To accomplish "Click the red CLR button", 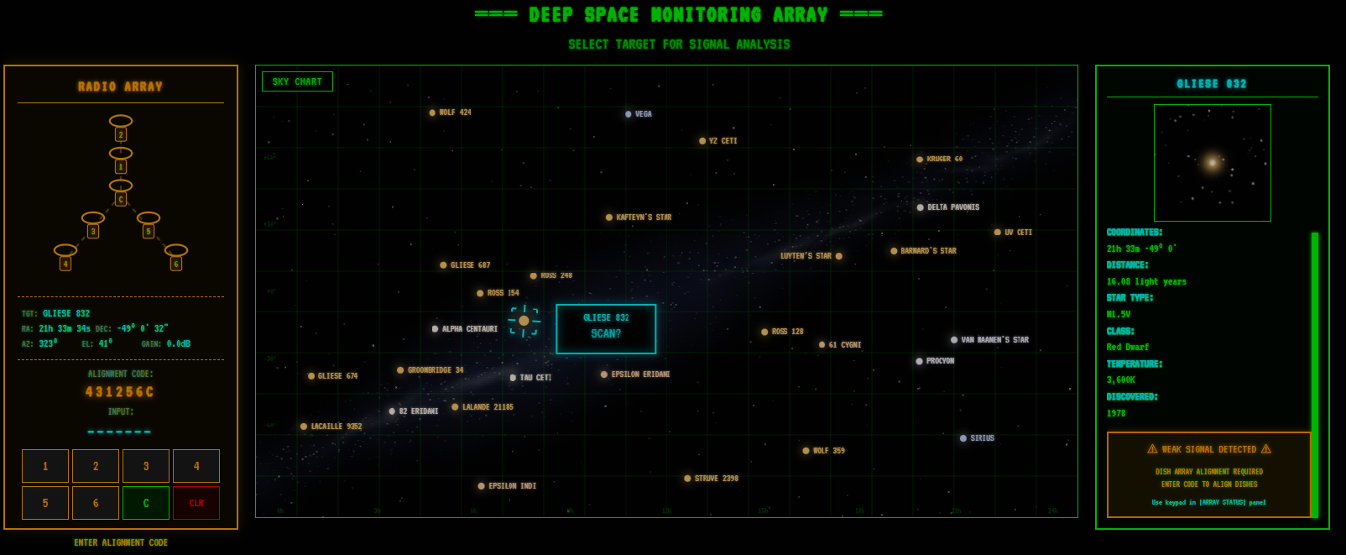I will coord(196,503).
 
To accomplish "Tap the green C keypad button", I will coord(146,503).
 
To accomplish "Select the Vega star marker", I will coord(629,114).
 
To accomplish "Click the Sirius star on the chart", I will coord(963,438).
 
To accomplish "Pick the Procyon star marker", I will coord(920,361).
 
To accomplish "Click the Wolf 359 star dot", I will coord(806,451).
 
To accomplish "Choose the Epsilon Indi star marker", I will coord(482,486).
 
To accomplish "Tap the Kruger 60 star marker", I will coord(920,160).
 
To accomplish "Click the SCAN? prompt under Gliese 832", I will coord(606,334).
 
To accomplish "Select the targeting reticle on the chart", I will coord(524,321).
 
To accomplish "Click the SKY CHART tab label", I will coord(297,81).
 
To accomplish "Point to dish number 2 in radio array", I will coord(121,122).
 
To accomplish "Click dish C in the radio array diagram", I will coord(121,186).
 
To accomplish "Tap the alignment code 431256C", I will coord(120,392).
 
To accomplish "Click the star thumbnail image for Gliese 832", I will coord(1212,163).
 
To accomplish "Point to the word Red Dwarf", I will coord(1127,347).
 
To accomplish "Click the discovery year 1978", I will coord(1116,413).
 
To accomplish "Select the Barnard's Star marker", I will coord(895,251).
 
